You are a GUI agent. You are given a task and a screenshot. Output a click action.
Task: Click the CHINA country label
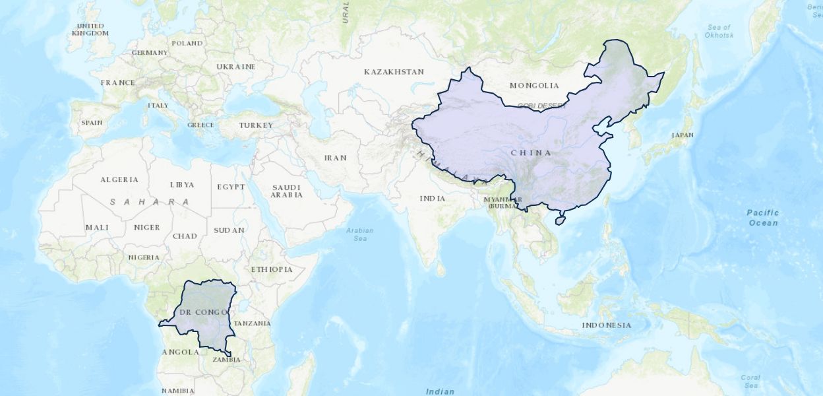click(x=531, y=153)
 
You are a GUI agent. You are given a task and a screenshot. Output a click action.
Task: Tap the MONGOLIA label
click(x=534, y=85)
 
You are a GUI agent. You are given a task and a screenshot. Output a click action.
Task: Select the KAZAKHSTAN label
click(x=394, y=71)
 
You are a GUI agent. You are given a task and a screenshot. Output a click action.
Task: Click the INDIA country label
click(x=433, y=198)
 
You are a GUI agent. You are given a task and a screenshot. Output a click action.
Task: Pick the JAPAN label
click(x=683, y=135)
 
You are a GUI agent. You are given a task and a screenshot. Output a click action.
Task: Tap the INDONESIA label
click(x=606, y=325)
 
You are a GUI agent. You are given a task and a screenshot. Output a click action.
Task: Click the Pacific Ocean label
click(x=762, y=218)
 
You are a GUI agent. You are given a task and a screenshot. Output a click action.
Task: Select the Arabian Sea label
click(x=359, y=234)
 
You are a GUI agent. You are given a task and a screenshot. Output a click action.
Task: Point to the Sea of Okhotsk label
click(x=719, y=31)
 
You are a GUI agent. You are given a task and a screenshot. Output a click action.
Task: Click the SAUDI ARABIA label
click(x=287, y=191)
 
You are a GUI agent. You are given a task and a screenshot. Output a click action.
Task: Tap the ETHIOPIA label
click(x=272, y=269)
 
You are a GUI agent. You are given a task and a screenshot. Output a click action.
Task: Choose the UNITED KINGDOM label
click(x=90, y=29)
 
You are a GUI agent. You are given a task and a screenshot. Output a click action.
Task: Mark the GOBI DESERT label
click(x=542, y=106)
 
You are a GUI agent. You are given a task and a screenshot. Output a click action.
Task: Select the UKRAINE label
click(x=236, y=67)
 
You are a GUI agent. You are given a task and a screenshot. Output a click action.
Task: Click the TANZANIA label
click(x=253, y=323)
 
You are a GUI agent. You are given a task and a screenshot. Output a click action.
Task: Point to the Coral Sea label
click(x=750, y=381)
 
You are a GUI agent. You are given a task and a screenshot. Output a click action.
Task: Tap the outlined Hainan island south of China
click(x=561, y=218)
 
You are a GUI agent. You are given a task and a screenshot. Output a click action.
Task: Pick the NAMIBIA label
click(x=177, y=391)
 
